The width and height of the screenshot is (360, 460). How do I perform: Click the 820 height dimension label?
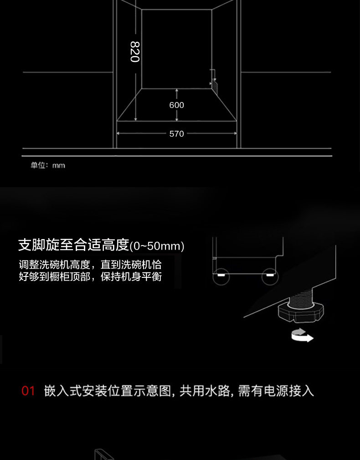[x=134, y=51]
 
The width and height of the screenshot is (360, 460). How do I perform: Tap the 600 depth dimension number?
[x=176, y=105]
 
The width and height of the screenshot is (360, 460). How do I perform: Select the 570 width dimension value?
[x=176, y=134]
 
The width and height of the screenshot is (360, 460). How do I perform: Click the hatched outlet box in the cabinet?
[x=214, y=84]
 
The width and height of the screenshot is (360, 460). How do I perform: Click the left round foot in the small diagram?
[x=221, y=276]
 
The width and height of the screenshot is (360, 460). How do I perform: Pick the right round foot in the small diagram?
[x=270, y=276]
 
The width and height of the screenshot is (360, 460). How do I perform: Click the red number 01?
[x=28, y=391]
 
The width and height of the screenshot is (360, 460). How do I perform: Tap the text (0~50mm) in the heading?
[x=157, y=246]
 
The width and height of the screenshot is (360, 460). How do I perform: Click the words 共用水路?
[x=204, y=391]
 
